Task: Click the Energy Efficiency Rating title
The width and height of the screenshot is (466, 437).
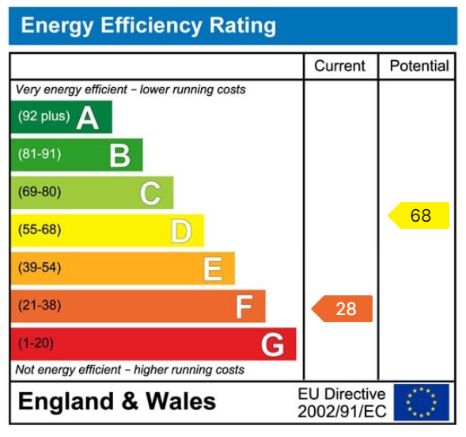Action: click(148, 26)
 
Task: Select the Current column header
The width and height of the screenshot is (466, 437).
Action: click(339, 66)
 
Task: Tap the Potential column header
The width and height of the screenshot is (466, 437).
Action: click(419, 66)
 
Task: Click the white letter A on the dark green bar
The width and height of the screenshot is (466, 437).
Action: click(87, 117)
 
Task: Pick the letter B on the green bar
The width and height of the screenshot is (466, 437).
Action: click(119, 155)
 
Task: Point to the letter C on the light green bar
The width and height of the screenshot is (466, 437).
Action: click(150, 193)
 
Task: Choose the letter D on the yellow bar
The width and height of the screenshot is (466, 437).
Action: click(181, 231)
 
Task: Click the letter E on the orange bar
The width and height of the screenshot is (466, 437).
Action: click(212, 269)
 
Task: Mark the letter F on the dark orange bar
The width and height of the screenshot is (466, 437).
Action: click(243, 306)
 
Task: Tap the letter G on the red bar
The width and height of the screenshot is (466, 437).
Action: click(272, 344)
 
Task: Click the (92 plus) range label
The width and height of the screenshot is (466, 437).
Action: click(44, 116)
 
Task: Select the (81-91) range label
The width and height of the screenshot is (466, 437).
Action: click(39, 154)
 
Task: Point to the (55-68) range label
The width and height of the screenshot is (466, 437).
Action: click(39, 230)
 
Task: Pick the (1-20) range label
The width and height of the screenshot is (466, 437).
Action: click(36, 344)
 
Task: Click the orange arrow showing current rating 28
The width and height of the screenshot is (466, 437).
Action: click(343, 309)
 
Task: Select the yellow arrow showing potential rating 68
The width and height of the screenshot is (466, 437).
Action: click(419, 215)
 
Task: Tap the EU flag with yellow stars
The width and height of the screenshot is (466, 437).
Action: click(421, 402)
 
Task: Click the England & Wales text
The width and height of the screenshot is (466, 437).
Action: click(116, 401)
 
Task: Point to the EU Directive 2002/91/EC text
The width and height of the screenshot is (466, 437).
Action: click(341, 403)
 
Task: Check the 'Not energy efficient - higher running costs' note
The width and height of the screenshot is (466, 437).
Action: click(130, 370)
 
